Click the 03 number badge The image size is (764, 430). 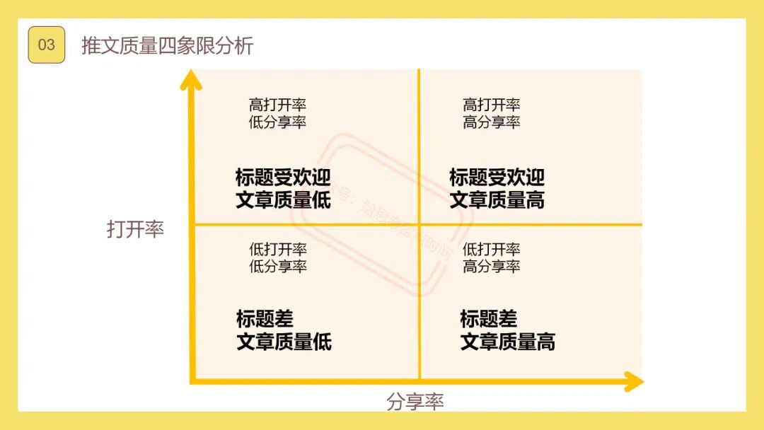point(46,45)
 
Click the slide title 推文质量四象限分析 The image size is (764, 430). point(167,46)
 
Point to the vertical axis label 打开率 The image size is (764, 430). point(135,229)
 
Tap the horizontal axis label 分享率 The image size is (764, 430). point(415,402)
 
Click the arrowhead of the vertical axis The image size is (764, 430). point(190,79)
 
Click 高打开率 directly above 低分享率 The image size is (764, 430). point(277,105)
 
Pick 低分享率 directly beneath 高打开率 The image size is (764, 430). point(277,122)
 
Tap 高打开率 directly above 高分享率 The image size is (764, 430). point(492,105)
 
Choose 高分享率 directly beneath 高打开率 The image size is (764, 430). point(492,122)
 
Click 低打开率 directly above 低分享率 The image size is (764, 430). point(277,249)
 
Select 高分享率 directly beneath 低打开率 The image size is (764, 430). point(492,266)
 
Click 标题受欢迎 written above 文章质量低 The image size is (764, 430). point(283,177)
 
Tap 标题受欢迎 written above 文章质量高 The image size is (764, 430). point(497,177)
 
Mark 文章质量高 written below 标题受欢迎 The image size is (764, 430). point(497,200)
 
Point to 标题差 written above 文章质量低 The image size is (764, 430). point(265,318)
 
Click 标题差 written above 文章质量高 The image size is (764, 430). point(489,318)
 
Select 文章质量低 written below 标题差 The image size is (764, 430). point(284,342)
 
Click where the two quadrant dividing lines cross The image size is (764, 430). point(419,225)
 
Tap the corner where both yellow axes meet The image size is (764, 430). point(192,382)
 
